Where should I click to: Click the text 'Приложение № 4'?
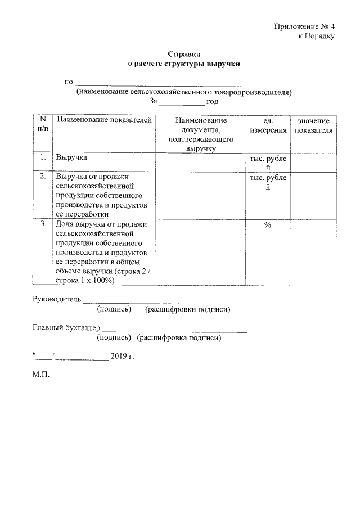point(304,26)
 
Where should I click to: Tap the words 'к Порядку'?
point(316,36)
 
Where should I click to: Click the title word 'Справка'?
point(184,55)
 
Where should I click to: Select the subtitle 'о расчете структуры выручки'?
point(184,64)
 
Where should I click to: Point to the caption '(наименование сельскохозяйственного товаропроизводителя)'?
point(184,92)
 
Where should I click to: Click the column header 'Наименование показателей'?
point(104,121)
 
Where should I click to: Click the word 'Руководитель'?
point(57,299)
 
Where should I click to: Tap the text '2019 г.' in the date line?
point(123,357)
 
